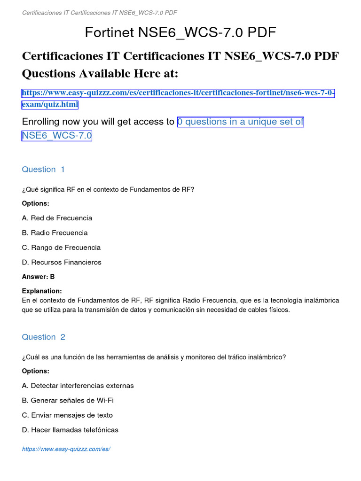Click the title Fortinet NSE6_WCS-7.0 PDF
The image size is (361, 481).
click(180, 32)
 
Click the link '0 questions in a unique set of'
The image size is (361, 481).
click(240, 122)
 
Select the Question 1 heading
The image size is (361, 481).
click(44, 169)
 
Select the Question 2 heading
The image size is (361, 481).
click(44, 337)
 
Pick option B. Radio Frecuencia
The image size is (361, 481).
click(55, 233)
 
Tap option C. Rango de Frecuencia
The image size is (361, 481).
click(61, 248)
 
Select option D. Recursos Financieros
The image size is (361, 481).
click(62, 262)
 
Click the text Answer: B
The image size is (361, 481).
click(39, 277)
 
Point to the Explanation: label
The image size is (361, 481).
click(42, 291)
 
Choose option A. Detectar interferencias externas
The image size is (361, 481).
click(78, 386)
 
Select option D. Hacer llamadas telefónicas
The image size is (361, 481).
click(70, 430)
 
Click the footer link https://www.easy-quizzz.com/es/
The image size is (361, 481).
click(66, 449)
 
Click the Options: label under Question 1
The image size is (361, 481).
click(36, 203)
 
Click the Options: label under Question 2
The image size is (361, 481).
click(36, 371)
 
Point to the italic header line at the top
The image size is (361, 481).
click(100, 12)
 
